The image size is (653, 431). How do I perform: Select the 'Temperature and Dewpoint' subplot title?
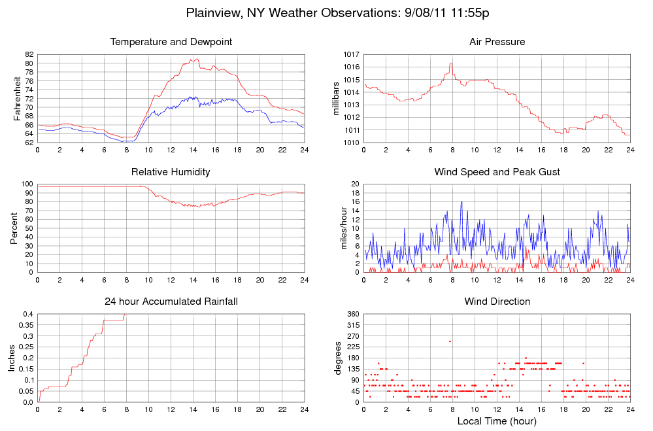pos(171,43)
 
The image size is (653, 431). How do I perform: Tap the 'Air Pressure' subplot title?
pos(497,43)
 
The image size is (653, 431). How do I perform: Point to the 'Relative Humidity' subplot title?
pos(171,172)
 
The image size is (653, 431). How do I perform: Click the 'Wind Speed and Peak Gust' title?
pos(497,172)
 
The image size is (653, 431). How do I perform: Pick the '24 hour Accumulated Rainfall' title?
pos(171,302)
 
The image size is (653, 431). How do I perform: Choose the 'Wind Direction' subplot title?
pos(497,302)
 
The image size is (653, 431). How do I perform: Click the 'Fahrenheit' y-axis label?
pos(18,98)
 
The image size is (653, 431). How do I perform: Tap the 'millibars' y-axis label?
pos(336,98)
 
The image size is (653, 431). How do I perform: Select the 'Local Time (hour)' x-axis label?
pos(497,421)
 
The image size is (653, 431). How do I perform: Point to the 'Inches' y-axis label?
pos(11,358)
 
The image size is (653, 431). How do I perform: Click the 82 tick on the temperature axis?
pos(29,54)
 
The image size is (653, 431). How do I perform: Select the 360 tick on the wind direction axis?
pos(352,315)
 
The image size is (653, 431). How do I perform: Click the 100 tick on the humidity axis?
pos(27,185)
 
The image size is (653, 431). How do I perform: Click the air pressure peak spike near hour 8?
pos(450,63)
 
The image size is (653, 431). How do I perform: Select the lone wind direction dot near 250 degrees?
pos(450,341)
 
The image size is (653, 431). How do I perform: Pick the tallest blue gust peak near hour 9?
pos(461,202)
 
